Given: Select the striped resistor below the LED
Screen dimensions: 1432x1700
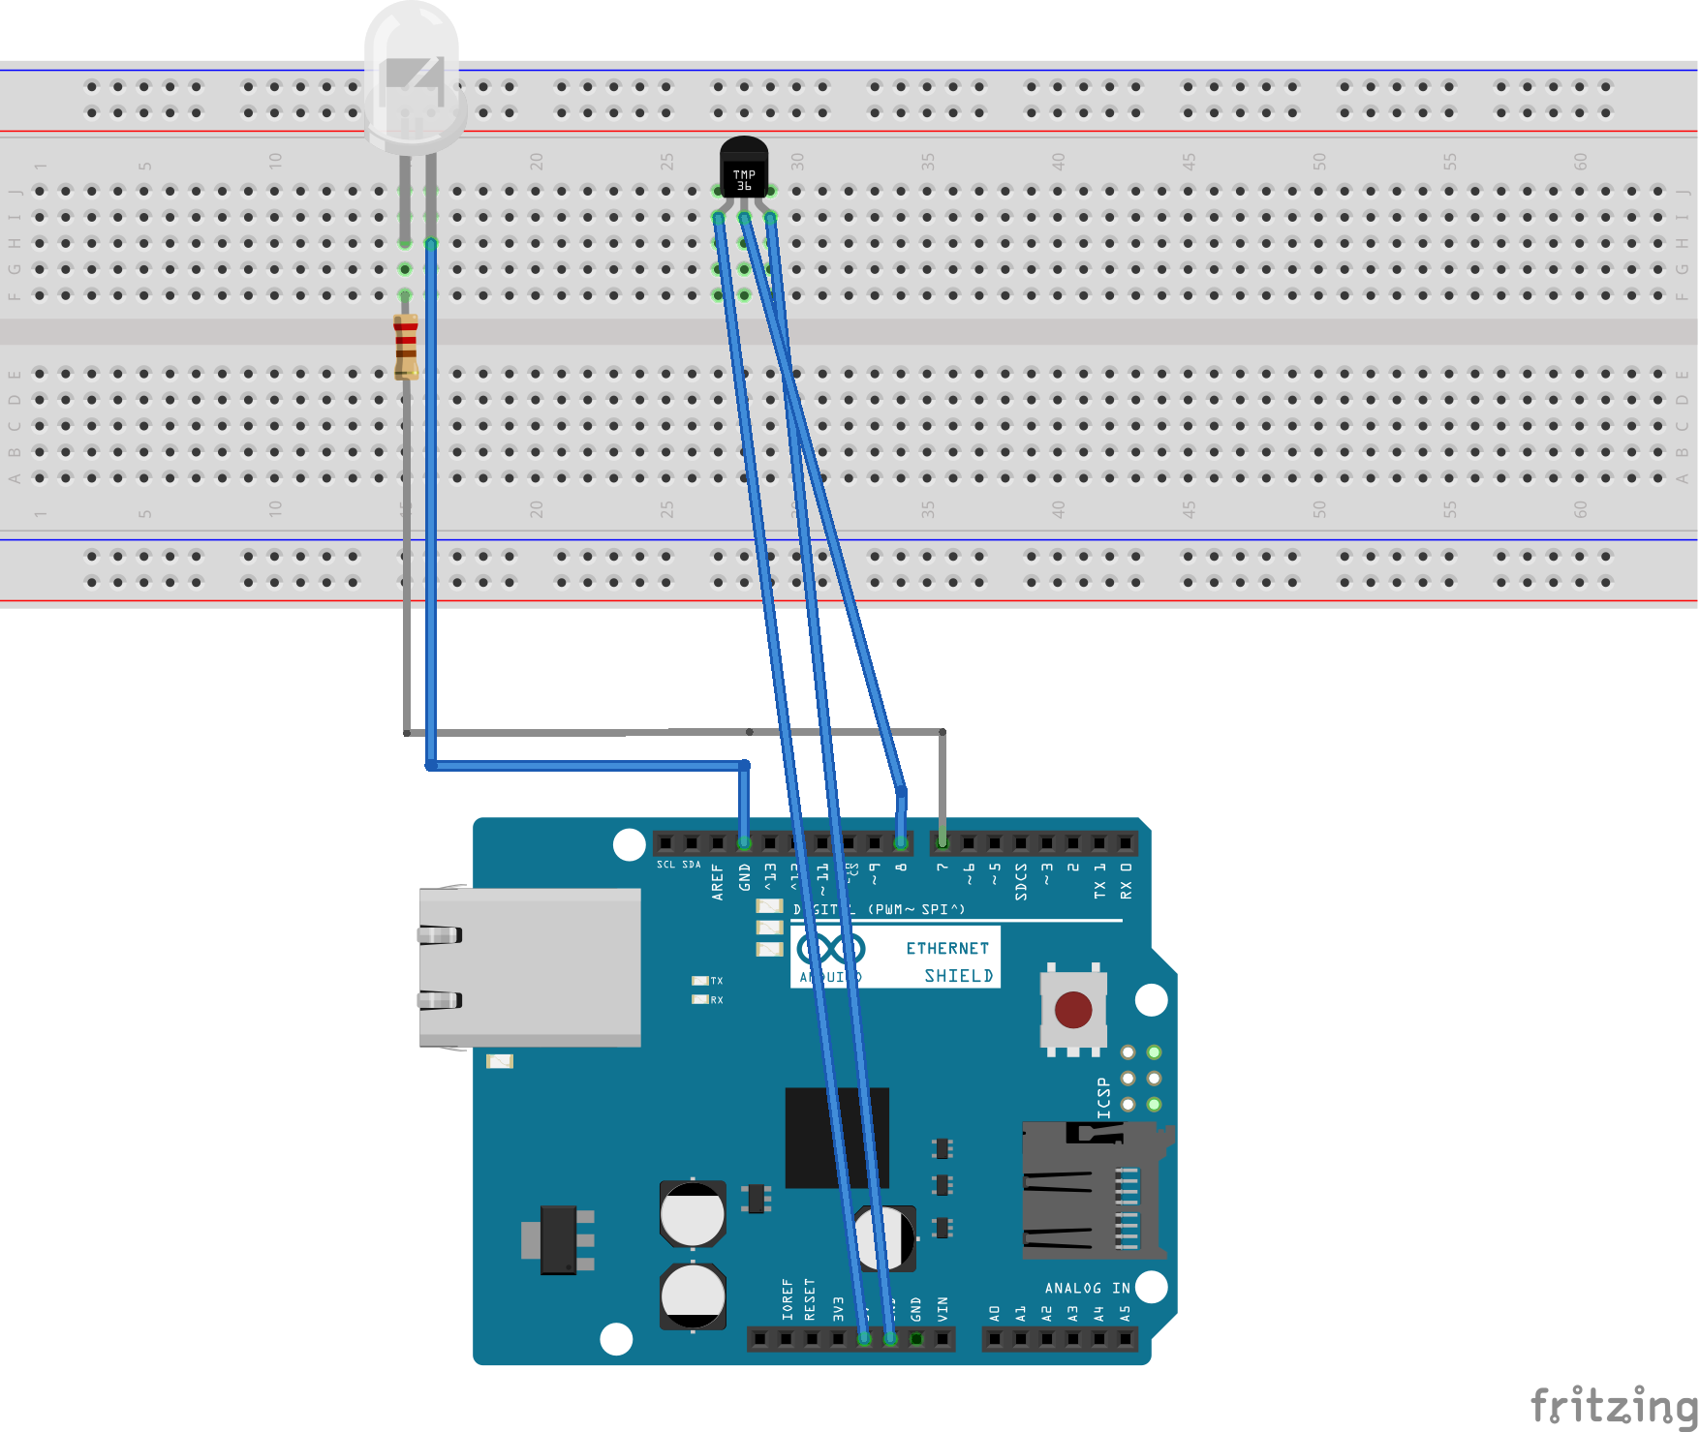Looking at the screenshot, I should tap(406, 346).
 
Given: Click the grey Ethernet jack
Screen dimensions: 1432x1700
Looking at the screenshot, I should tap(529, 967).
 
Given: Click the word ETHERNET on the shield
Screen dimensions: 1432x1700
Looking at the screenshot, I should tap(946, 949).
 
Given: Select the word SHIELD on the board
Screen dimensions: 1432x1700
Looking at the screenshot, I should tap(958, 976).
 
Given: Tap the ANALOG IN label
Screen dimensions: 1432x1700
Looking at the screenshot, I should tap(1087, 1288).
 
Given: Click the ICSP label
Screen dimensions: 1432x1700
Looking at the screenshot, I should tap(1103, 1098).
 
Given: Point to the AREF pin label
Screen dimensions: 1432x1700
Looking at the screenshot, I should tap(718, 882).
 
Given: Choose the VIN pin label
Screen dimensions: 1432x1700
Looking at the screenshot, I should tap(943, 1309).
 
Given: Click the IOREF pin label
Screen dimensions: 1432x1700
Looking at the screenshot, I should tap(788, 1299).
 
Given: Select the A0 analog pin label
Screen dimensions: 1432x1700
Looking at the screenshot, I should tap(995, 1313).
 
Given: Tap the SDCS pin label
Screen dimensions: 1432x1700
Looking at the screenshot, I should tap(1021, 882).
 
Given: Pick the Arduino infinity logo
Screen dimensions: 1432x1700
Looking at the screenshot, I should tap(830, 949).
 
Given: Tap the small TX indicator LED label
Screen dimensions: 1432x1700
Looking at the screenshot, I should tap(716, 981).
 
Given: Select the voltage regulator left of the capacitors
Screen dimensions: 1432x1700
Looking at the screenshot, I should tap(559, 1239).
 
